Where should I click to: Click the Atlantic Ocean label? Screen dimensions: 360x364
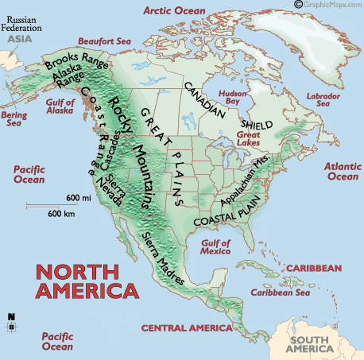click(343, 170)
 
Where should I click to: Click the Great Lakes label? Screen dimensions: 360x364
click(249, 140)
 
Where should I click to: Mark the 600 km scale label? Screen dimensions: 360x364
click(61, 213)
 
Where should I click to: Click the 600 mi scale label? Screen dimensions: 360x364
click(77, 197)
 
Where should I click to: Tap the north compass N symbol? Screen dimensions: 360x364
click(11, 317)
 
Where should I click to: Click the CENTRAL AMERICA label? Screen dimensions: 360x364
click(186, 327)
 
